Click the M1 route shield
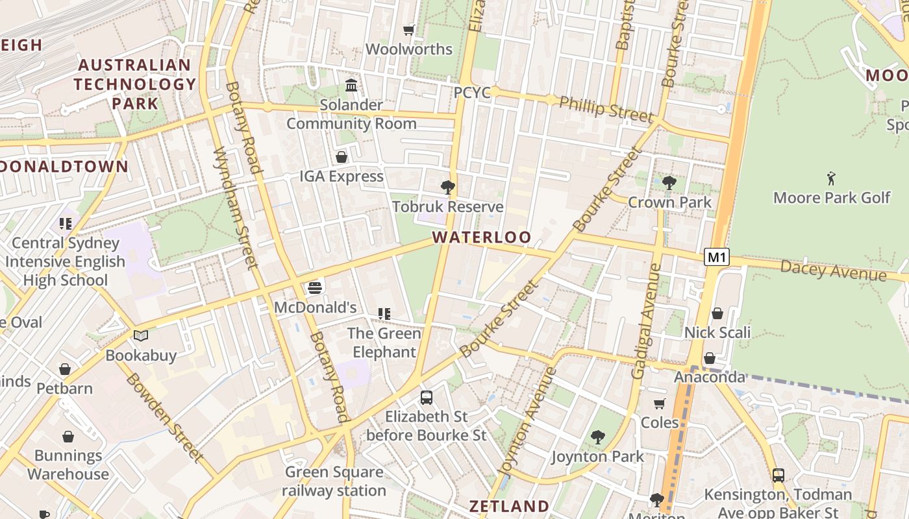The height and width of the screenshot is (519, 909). (x=716, y=257)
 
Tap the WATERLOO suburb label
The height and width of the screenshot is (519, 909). (x=482, y=237)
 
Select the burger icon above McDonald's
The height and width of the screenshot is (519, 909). (x=315, y=287)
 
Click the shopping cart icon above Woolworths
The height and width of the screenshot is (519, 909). (x=408, y=30)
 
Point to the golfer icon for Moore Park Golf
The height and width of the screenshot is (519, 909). (x=831, y=177)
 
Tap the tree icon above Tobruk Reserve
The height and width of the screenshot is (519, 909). (x=447, y=187)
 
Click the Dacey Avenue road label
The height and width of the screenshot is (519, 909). (x=833, y=270)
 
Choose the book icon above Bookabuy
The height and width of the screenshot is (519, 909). (x=141, y=335)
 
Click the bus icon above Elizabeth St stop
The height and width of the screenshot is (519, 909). (x=427, y=397)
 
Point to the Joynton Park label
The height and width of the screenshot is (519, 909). (x=597, y=457)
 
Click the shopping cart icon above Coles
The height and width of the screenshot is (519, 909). (x=660, y=404)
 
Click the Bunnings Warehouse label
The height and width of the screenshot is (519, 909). (x=68, y=465)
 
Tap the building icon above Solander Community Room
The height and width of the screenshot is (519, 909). (x=351, y=85)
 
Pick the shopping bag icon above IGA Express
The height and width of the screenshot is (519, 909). (x=342, y=157)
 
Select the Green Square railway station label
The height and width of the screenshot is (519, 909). (x=334, y=481)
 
